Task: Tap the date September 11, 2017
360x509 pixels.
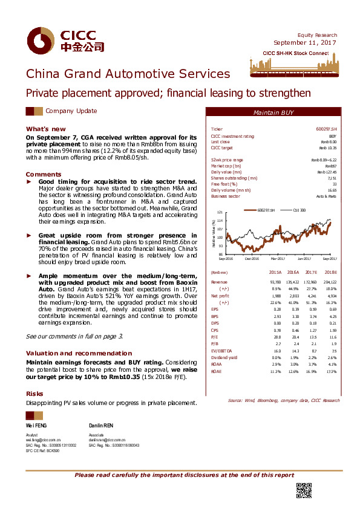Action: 305,43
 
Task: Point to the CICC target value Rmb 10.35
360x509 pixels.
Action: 328,148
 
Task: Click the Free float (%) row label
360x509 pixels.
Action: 223,184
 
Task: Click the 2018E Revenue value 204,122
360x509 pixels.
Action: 329,282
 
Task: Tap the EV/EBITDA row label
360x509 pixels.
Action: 220,350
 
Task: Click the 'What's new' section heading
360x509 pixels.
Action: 45,129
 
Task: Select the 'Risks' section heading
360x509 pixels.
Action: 34,392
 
